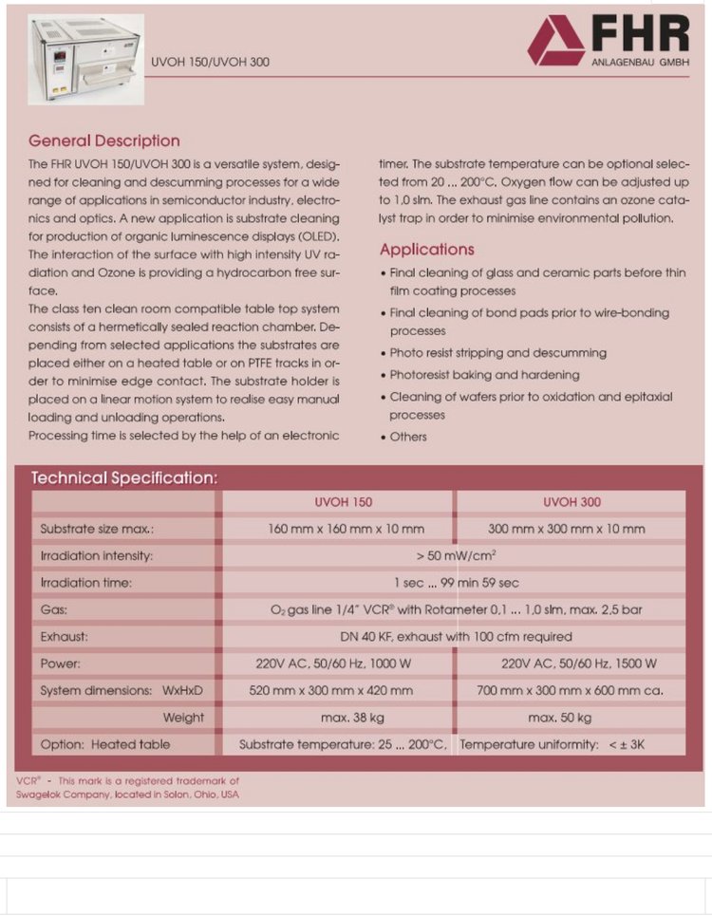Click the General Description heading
(104, 141)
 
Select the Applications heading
(427, 250)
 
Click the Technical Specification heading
(124, 477)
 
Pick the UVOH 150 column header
(344, 502)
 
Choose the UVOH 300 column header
(571, 502)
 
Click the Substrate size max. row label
(97, 529)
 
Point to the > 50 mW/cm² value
(457, 555)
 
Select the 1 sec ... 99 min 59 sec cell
(457, 582)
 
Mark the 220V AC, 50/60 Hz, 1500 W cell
(578, 664)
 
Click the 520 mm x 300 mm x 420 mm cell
(331, 691)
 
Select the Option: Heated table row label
(105, 744)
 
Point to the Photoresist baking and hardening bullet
(484, 375)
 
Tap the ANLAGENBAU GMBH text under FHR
(641, 63)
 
